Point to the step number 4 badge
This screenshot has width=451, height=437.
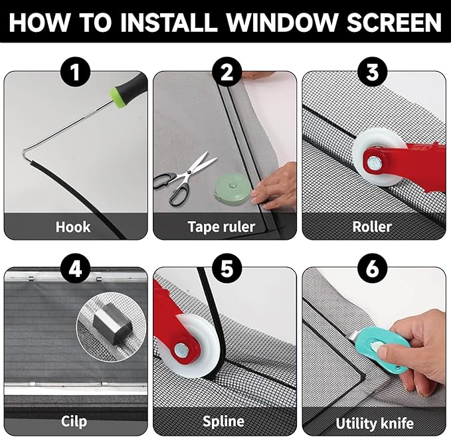point(74,268)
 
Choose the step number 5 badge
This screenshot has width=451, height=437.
point(225,268)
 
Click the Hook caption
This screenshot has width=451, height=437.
point(73,226)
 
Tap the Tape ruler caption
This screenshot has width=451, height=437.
point(221,226)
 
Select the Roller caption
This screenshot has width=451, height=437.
point(372,226)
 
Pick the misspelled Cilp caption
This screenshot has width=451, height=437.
point(73,421)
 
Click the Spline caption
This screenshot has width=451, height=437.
point(223,421)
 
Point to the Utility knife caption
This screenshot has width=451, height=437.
point(375,422)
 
